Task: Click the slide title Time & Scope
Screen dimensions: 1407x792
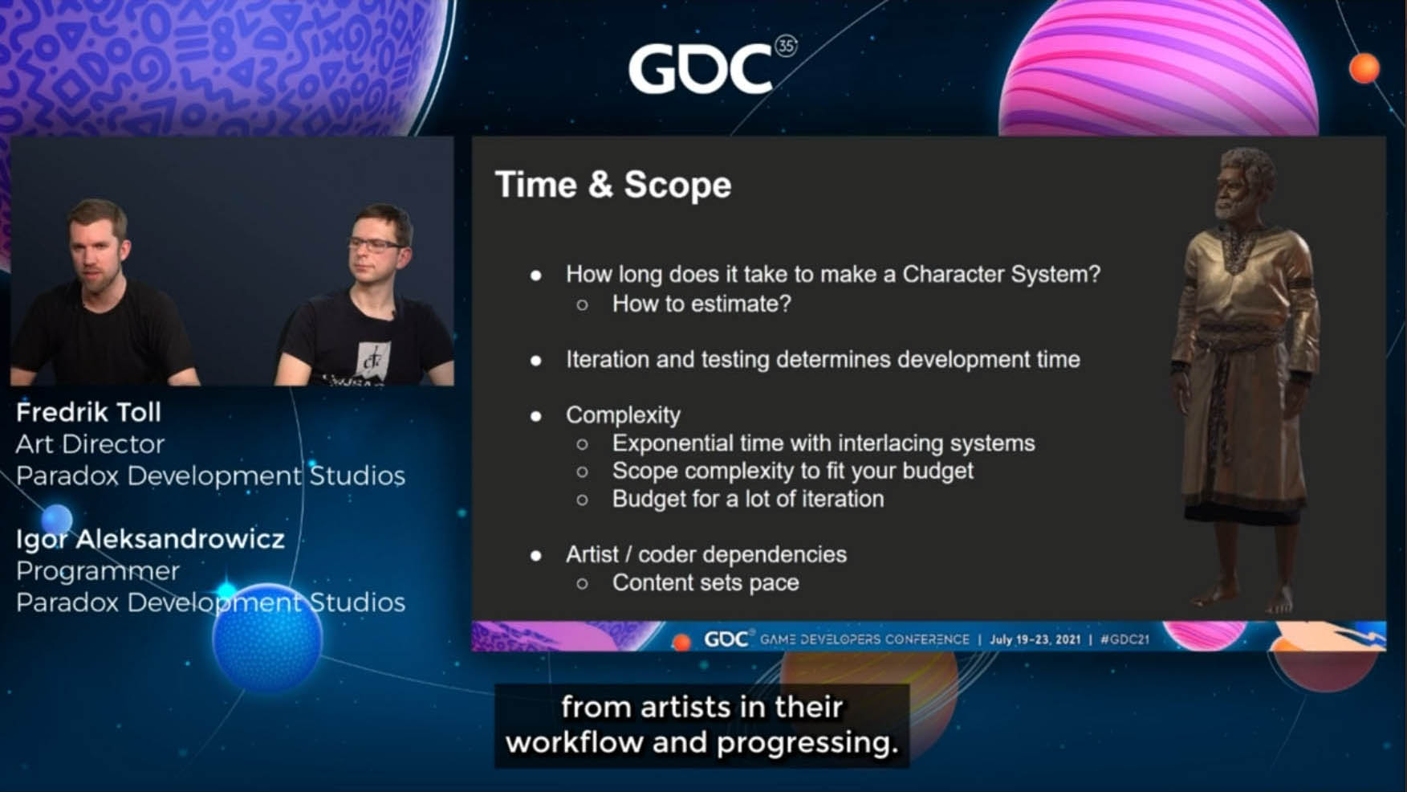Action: [x=613, y=185]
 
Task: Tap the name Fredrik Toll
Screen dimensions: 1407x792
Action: [x=88, y=412]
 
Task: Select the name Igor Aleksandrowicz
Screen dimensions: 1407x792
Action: [x=150, y=538]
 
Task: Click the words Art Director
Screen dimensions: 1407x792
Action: [x=90, y=443]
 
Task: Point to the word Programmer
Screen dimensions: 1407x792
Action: [x=97, y=570]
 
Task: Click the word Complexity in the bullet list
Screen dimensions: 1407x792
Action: [x=623, y=415]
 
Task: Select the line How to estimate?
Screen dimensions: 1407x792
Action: [x=701, y=304]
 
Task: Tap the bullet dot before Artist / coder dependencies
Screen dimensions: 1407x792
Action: [x=536, y=555]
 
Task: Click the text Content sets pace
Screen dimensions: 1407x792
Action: [x=706, y=582]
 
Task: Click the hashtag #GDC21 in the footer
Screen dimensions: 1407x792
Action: [x=1124, y=639]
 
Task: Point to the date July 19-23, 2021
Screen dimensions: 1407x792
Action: [x=1035, y=639]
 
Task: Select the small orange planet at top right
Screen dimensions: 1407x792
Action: [x=1364, y=68]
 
